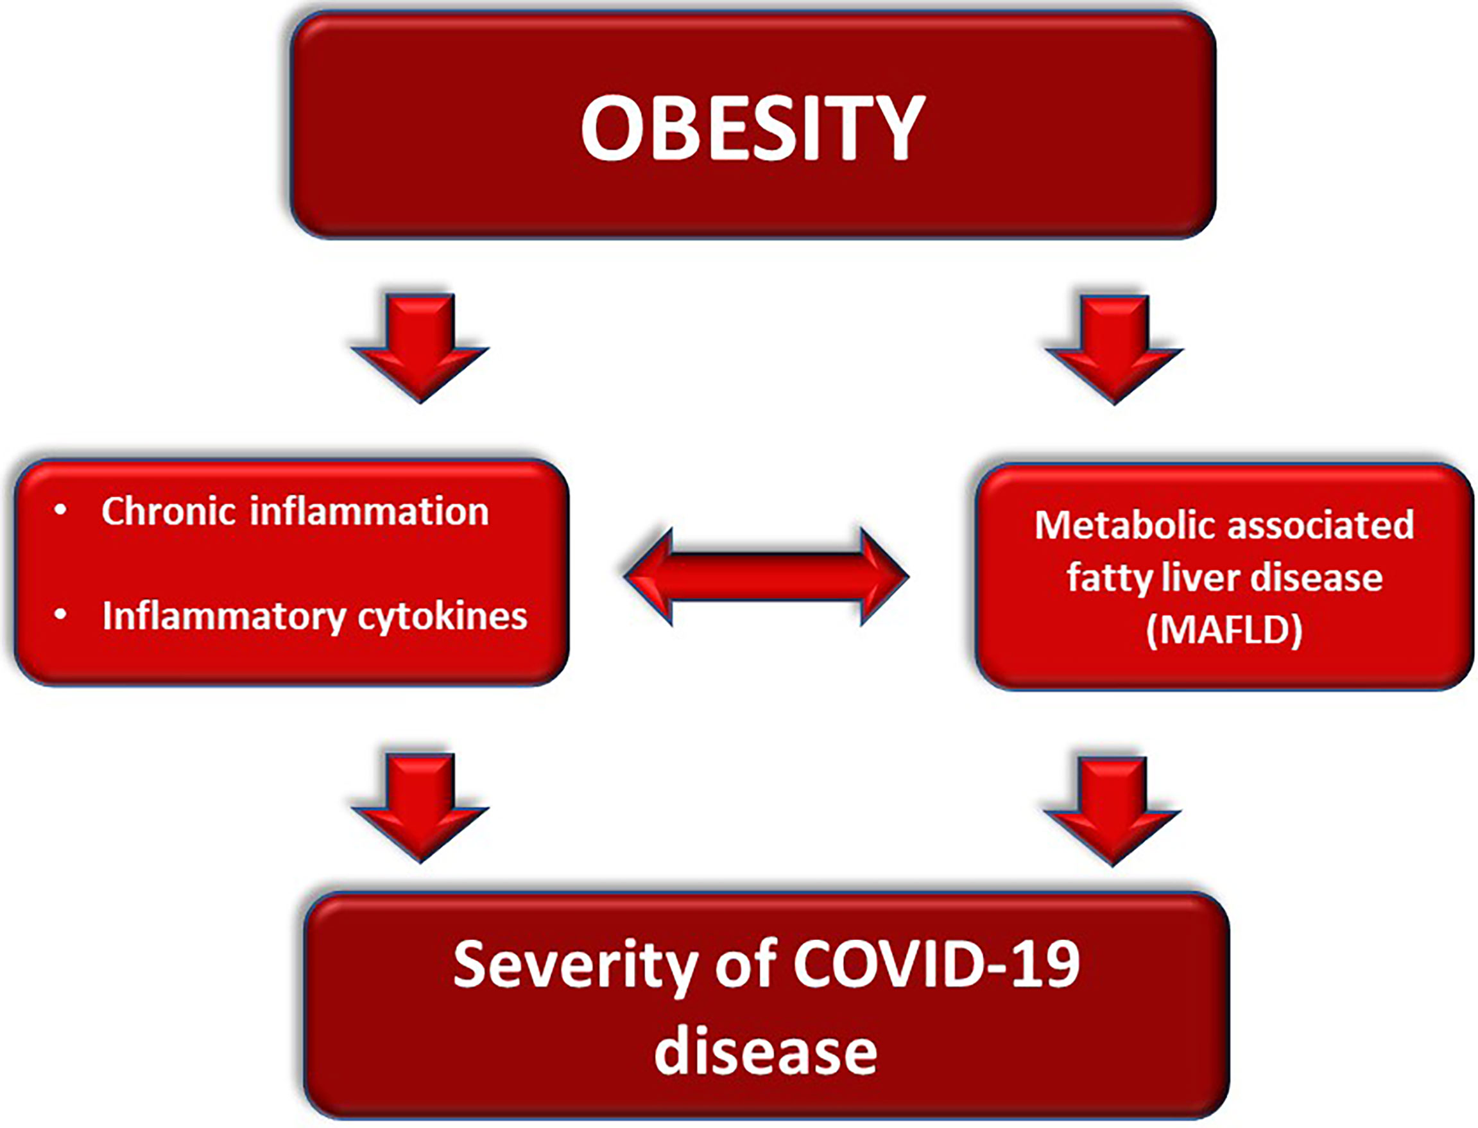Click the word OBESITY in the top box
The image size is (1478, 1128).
753,128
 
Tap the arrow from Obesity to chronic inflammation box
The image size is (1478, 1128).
420,348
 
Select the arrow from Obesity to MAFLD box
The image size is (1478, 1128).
1114,350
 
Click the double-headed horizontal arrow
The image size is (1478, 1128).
766,576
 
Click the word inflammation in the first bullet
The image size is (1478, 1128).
370,511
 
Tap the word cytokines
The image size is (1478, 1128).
443,616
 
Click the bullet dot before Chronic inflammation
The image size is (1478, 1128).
60,511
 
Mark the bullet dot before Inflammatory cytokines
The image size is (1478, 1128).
60,614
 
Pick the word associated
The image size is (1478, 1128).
1320,525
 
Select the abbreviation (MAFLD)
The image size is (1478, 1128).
1225,630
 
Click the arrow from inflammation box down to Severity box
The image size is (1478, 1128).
420,807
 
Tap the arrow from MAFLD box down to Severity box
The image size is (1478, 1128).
1112,811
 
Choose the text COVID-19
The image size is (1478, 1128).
936,964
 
